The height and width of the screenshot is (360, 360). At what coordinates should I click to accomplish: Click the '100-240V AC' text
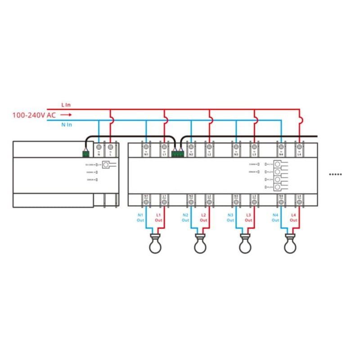pyautogui.click(x=34, y=115)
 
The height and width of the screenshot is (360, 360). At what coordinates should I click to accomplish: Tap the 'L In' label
pyautogui.click(x=66, y=105)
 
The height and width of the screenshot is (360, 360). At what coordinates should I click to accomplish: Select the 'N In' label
pyautogui.click(x=66, y=125)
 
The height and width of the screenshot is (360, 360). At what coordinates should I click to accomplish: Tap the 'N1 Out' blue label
pyautogui.click(x=140, y=218)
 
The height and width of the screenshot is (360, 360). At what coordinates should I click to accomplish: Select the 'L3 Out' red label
pyautogui.click(x=248, y=218)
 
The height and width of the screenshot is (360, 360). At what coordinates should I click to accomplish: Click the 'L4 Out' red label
pyautogui.click(x=293, y=218)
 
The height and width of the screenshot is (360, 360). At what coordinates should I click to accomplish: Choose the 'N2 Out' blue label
pyautogui.click(x=185, y=218)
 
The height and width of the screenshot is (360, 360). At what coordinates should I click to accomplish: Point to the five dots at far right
pyautogui.click(x=336, y=174)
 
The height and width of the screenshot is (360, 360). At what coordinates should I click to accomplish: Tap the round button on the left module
pyautogui.click(x=106, y=165)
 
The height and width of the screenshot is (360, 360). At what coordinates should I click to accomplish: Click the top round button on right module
pyautogui.click(x=279, y=165)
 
